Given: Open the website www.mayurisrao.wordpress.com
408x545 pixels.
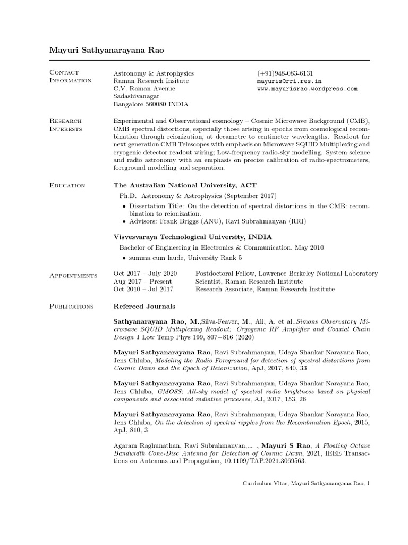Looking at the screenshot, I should tap(307, 89).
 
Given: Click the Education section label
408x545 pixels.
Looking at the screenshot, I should tap(67, 185).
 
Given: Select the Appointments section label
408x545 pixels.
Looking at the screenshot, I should tap(73, 275).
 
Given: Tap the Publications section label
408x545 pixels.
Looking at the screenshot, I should tap(71, 306).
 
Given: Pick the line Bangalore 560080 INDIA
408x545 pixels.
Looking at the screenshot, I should tap(151, 105).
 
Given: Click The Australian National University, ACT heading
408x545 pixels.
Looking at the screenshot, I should tap(185, 185).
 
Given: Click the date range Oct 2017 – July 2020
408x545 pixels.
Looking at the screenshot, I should tap(145, 274).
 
